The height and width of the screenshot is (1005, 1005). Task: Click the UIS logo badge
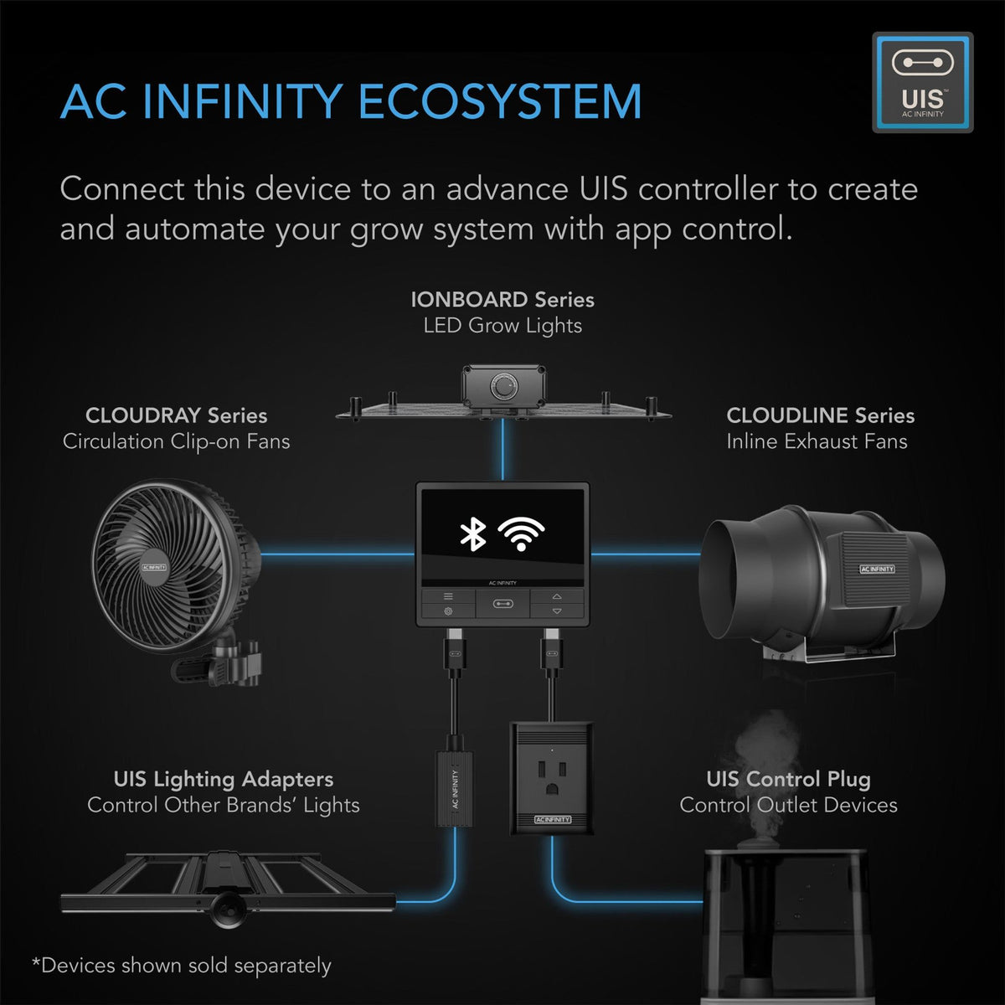tap(922, 82)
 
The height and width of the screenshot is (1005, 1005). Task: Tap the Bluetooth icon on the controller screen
tap(473, 533)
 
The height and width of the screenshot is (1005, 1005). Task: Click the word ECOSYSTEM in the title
tap(500, 102)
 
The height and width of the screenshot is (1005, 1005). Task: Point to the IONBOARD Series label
tap(502, 300)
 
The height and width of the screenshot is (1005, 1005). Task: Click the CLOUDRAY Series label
tap(176, 415)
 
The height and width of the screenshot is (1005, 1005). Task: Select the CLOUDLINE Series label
tap(820, 415)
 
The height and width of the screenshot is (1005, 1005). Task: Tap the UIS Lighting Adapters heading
tap(223, 779)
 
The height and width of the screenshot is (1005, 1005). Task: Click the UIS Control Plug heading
tap(788, 779)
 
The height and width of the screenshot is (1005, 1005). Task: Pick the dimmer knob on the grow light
tap(502, 386)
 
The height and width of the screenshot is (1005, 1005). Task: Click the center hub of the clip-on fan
tap(155, 567)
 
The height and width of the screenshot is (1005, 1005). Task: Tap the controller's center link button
tap(502, 603)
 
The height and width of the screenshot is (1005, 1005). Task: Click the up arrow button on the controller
tap(557, 596)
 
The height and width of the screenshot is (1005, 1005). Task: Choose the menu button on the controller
tap(448, 596)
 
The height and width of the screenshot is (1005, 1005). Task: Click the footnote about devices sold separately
tap(182, 966)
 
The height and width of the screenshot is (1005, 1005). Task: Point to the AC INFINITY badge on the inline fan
tap(877, 569)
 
